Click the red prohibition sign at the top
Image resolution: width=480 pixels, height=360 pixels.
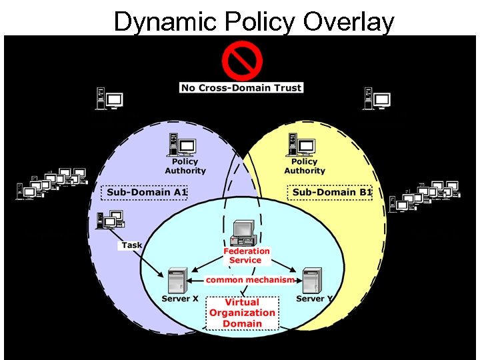pyautogui.click(x=241, y=61)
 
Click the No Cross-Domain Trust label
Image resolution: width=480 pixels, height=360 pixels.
pyautogui.click(x=241, y=87)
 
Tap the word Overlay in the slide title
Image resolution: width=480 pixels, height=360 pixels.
pyautogui.click(x=349, y=21)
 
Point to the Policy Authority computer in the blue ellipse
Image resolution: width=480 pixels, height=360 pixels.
pyautogui.click(x=181, y=145)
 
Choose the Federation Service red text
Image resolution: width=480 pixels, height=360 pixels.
pyautogui.click(x=246, y=255)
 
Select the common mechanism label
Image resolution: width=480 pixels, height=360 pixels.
pyautogui.click(x=250, y=280)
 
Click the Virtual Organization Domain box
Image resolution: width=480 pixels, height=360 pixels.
pyautogui.click(x=242, y=313)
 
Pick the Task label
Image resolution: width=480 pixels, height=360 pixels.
pyautogui.click(x=132, y=245)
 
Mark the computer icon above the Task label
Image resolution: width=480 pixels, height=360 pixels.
pyautogui.click(x=109, y=221)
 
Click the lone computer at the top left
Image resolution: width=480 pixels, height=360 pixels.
pyautogui.click(x=109, y=99)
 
